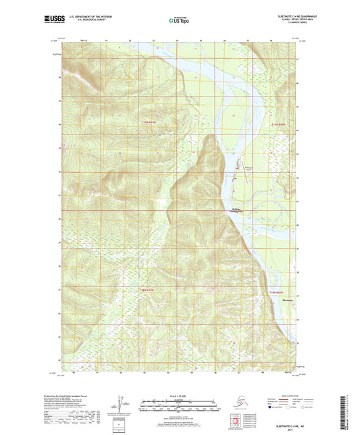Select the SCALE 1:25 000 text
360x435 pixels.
[180, 395]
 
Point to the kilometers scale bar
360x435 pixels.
[180, 401]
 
